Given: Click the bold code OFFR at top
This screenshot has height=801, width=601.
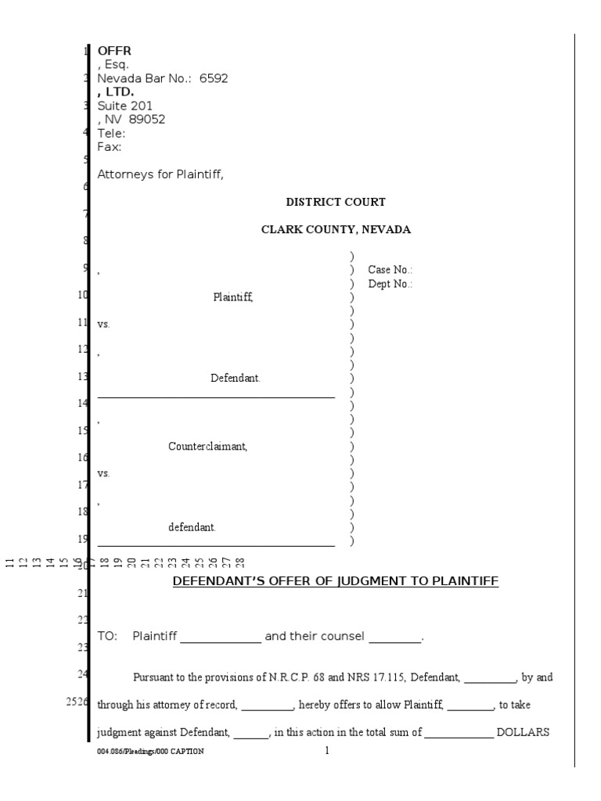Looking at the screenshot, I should pyautogui.click(x=114, y=52).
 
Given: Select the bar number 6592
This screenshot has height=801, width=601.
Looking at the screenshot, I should pyautogui.click(x=214, y=79).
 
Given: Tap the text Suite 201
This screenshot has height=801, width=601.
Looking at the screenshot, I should pyautogui.click(x=124, y=106).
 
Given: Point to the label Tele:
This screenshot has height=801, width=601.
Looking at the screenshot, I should pyautogui.click(x=110, y=133).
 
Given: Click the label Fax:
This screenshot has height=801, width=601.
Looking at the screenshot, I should pyautogui.click(x=109, y=146).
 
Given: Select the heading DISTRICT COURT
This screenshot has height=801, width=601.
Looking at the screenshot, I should pyautogui.click(x=336, y=203).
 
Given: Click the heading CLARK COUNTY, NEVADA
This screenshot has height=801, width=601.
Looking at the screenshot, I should pyautogui.click(x=336, y=230).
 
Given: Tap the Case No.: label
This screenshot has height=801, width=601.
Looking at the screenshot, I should pyautogui.click(x=390, y=270).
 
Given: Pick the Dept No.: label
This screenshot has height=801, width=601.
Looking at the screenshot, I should pyautogui.click(x=390, y=284).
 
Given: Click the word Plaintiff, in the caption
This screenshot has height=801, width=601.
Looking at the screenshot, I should pyautogui.click(x=233, y=297).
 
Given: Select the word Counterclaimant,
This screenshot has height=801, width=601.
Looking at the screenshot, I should pyautogui.click(x=208, y=447).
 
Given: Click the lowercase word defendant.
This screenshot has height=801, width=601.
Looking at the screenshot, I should pyautogui.click(x=192, y=527).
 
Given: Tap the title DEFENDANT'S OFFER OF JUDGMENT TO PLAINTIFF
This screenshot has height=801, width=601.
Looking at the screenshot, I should pyautogui.click(x=335, y=581).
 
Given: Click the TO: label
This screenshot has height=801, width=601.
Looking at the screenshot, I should pyautogui.click(x=106, y=636).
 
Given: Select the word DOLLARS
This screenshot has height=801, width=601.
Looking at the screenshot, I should pyautogui.click(x=525, y=733).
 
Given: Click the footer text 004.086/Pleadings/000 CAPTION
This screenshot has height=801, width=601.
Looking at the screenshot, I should pyautogui.click(x=150, y=752).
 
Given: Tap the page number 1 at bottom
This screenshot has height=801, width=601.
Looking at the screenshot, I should pyautogui.click(x=328, y=752).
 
